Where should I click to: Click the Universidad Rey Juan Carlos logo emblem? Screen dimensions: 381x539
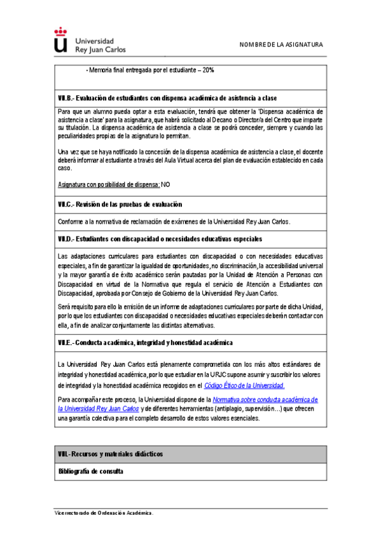pyautogui.click(x=60, y=39)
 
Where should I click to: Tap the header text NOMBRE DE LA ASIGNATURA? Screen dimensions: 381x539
pyautogui.click(x=281, y=45)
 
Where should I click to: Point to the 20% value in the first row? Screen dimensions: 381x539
pyautogui.click(x=208, y=70)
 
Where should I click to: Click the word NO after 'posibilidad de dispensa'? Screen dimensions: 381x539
pyautogui.click(x=165, y=184)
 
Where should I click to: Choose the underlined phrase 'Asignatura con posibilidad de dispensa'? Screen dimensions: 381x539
pyautogui.click(x=108, y=184)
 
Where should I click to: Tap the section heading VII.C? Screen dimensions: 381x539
pyautogui.click(x=120, y=205)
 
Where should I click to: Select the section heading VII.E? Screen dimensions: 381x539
pyautogui.click(x=145, y=343)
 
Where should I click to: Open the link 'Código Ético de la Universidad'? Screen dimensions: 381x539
pyautogui.click(x=244, y=385)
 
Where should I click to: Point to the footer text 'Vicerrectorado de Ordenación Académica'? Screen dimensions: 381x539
pyautogui.click(x=103, y=512)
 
